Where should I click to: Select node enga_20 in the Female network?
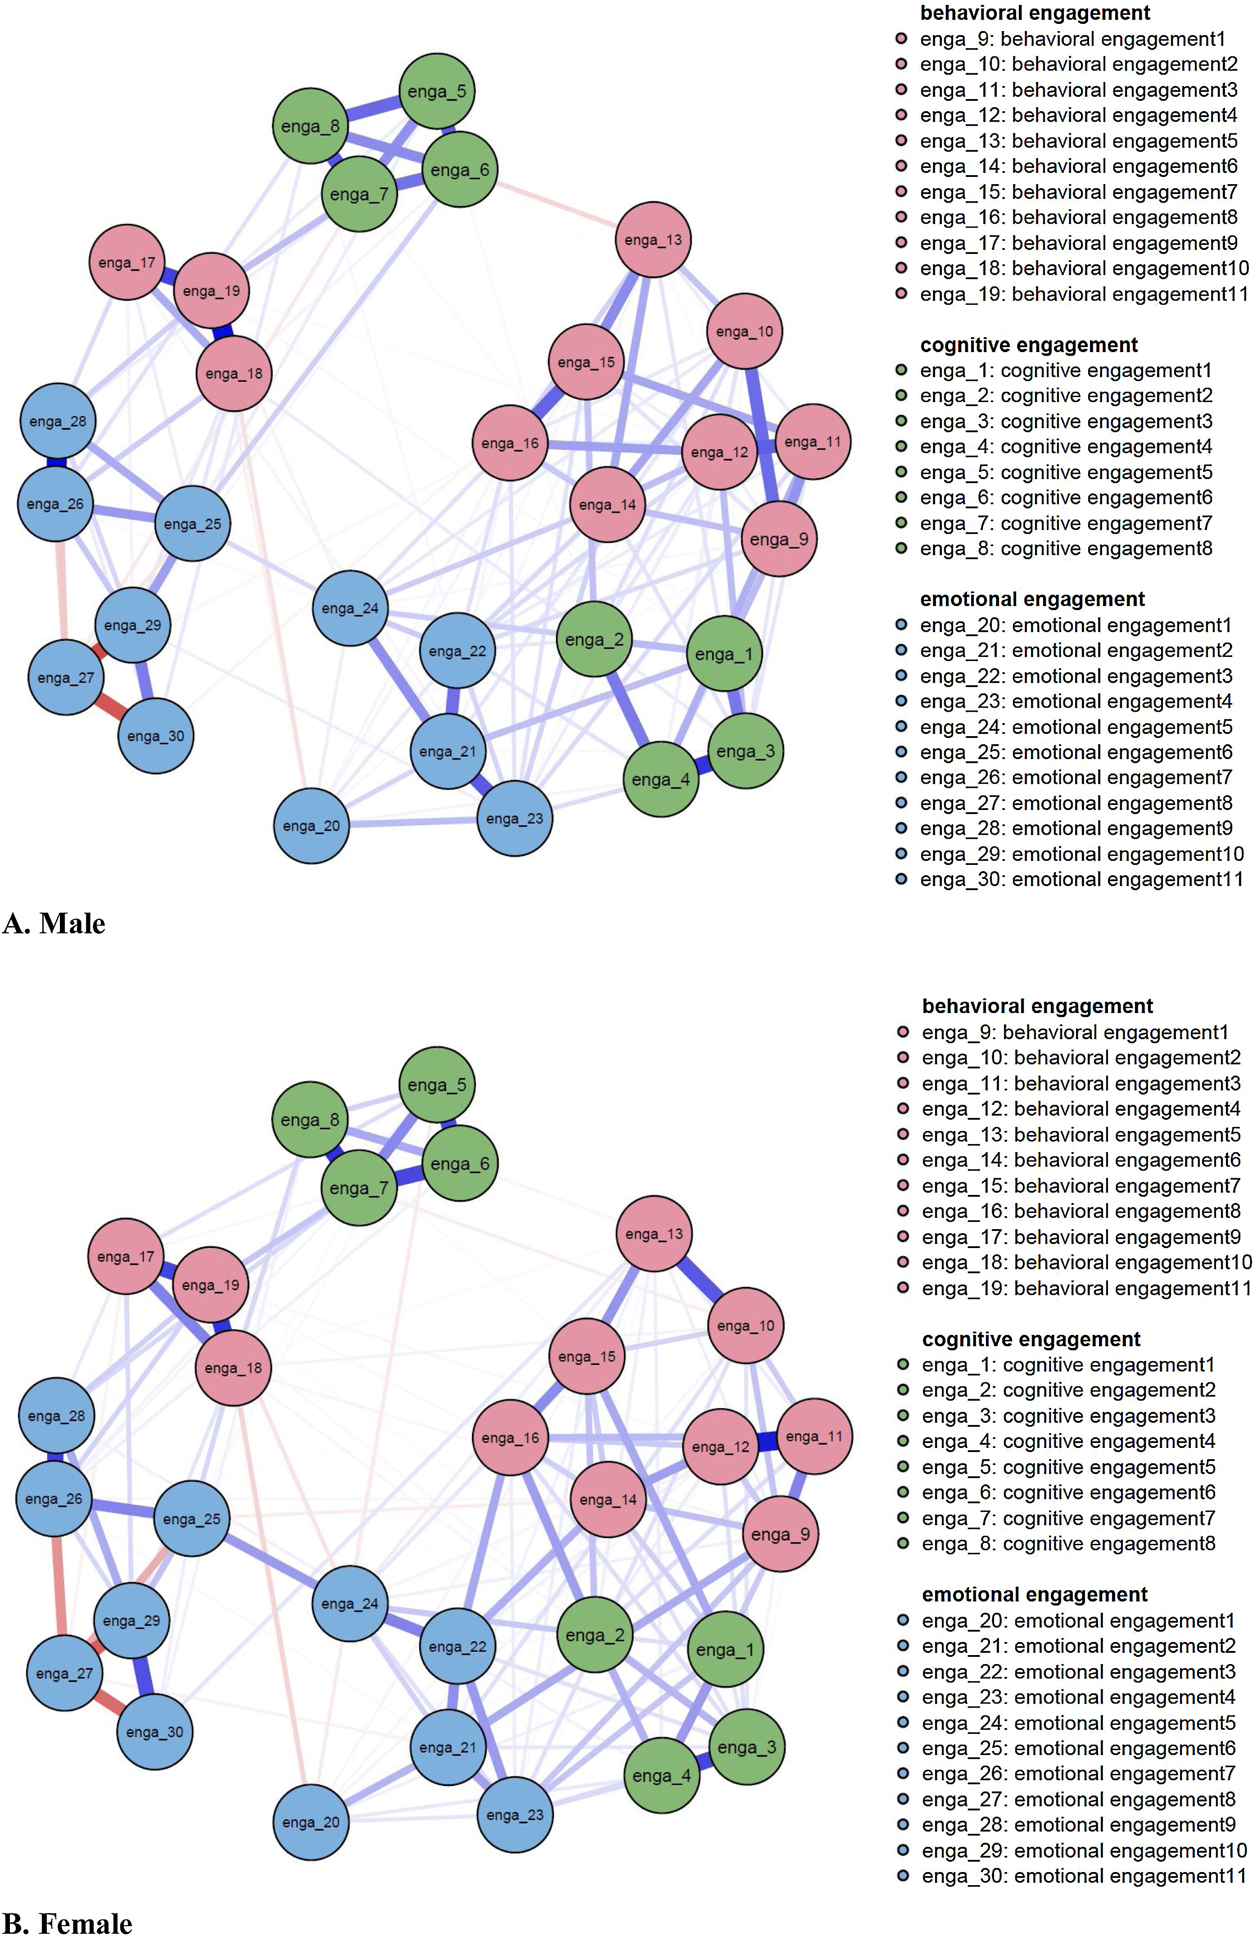coord(311,1822)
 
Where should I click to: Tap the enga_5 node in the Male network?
coord(437,91)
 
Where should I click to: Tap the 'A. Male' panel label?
coord(54,923)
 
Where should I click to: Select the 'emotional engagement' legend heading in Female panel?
coord(1034,1594)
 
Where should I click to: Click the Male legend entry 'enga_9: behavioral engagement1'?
coord(1072,39)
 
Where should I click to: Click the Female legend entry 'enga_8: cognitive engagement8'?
coord(1067,1543)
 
